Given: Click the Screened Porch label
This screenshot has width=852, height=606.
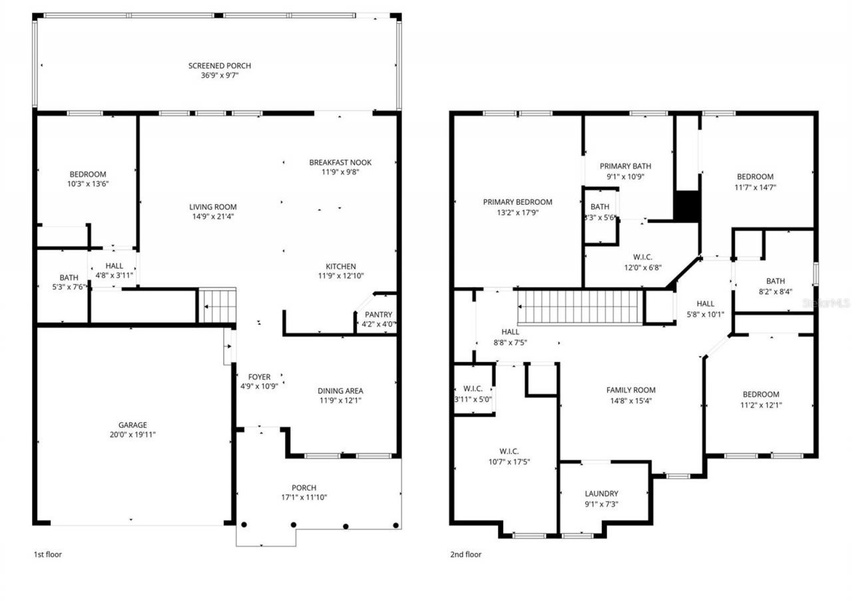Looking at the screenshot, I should [219, 66].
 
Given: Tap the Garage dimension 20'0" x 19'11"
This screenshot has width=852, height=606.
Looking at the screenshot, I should [132, 434].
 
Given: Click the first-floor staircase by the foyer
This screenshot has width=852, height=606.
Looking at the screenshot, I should [218, 305].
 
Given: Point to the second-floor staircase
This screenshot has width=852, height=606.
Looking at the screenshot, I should [579, 307].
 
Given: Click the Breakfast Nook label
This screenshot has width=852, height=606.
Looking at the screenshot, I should [340, 162].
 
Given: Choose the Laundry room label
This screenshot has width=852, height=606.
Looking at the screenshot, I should [601, 494].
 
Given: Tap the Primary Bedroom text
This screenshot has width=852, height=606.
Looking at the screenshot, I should [517, 202].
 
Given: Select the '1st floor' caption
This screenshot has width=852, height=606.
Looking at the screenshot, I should [48, 553].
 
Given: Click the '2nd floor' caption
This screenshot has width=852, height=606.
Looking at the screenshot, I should [465, 553].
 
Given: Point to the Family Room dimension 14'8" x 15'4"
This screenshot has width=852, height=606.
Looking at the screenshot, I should [630, 400].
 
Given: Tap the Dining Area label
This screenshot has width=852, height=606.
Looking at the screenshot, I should [340, 390].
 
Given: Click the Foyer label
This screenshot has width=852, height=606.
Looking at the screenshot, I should [259, 377].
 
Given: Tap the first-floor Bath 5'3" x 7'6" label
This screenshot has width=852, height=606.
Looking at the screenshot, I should [69, 278].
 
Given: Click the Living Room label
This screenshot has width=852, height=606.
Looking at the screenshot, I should [212, 207].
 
